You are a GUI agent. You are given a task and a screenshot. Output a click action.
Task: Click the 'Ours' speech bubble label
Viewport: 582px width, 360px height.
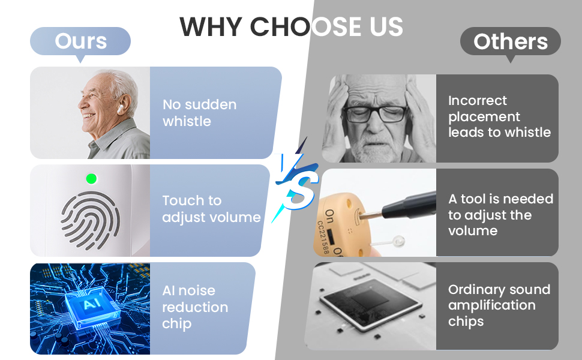(x=80, y=41)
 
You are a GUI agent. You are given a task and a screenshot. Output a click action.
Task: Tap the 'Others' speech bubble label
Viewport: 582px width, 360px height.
(x=511, y=41)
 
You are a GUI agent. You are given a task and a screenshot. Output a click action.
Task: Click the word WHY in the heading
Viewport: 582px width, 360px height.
(x=211, y=27)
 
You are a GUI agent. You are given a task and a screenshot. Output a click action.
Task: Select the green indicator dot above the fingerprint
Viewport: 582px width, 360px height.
(x=91, y=179)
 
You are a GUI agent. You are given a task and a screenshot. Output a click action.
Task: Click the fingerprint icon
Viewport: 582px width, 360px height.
(x=90, y=220)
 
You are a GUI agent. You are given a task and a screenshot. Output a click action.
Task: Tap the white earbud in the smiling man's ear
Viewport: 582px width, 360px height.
(x=120, y=109)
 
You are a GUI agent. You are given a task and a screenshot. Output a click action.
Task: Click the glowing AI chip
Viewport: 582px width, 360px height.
(x=92, y=307)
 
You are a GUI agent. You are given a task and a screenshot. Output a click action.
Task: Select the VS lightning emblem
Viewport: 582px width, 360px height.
(x=296, y=180)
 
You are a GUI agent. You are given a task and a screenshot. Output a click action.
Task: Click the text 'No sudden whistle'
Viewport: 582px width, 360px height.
(x=199, y=113)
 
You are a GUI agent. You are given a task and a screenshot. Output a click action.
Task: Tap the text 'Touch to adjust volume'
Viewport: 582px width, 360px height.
(x=211, y=209)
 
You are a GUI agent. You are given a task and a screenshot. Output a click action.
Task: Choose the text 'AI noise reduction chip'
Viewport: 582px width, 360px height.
(x=195, y=307)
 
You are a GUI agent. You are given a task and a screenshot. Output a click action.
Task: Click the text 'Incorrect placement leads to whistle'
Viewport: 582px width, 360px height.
(x=499, y=116)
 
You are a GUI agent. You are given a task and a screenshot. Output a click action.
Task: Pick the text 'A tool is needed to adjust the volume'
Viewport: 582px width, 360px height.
(x=500, y=215)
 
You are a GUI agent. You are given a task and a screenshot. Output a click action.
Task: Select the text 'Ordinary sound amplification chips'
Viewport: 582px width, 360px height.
(x=499, y=305)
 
